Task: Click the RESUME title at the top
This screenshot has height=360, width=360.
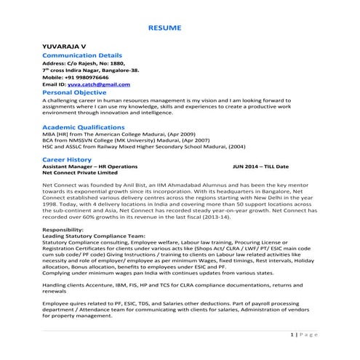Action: point(165,28)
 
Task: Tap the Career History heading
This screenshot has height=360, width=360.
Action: point(67,159)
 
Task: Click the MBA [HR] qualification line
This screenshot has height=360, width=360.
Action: point(108,135)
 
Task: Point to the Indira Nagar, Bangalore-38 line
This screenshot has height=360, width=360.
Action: point(93,71)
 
